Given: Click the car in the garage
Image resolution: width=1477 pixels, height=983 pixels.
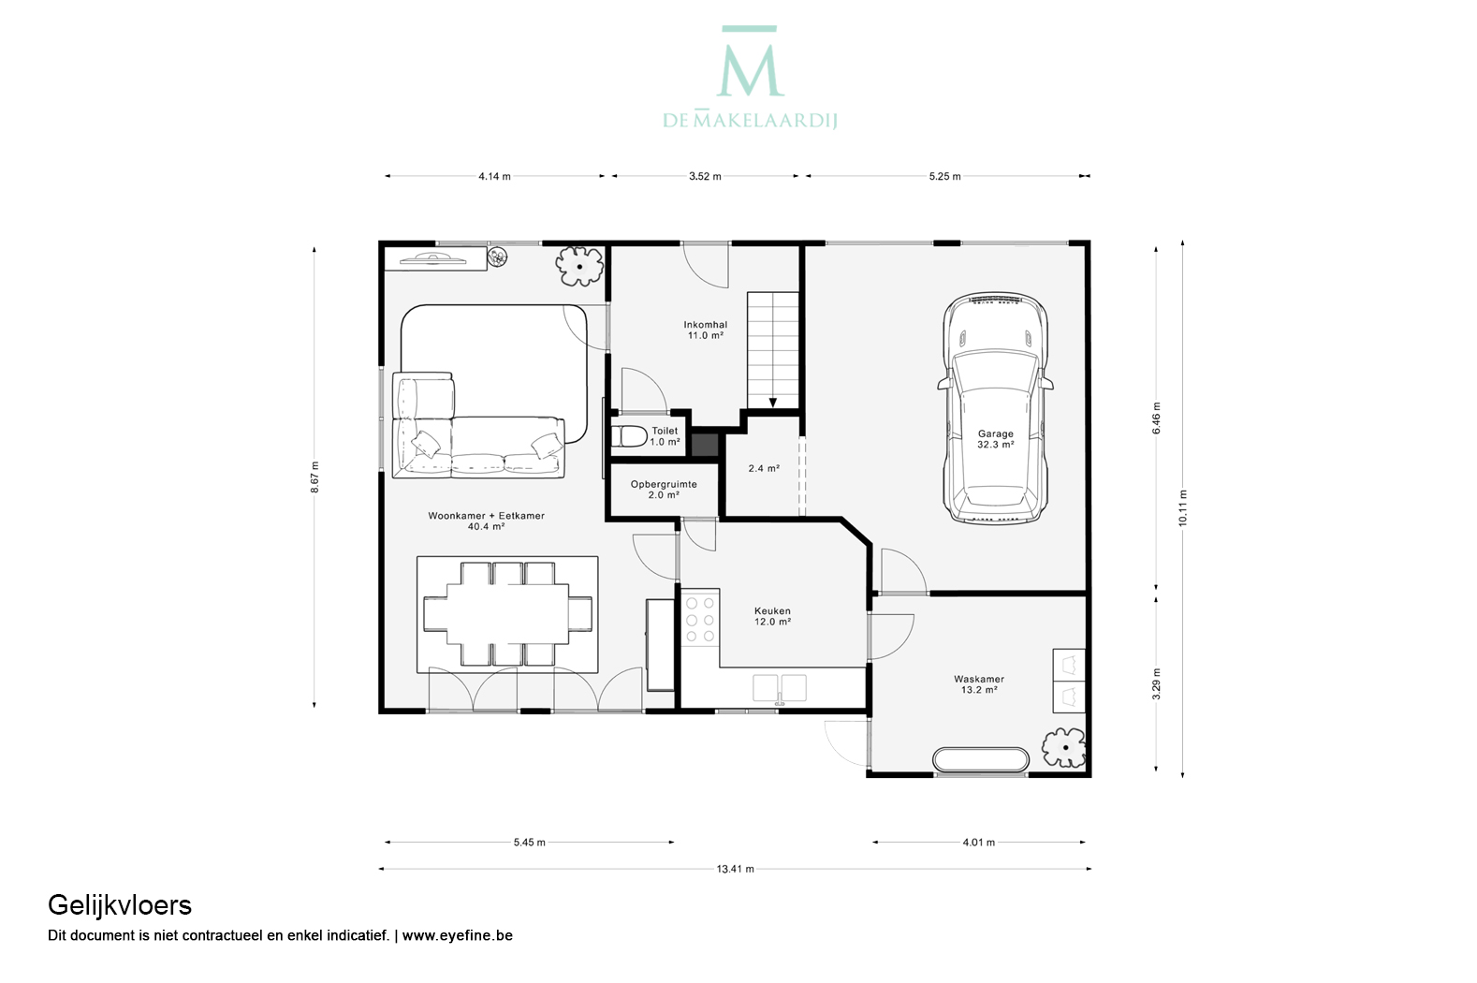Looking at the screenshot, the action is pos(995,409).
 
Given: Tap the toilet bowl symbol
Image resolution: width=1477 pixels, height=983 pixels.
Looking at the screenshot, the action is pos(629,437).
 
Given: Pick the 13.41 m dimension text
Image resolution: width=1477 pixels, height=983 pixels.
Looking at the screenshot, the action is pos(735,869).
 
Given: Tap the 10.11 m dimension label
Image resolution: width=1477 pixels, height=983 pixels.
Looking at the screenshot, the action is pos(1182,508).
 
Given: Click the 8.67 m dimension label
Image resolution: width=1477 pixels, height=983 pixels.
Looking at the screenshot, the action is pos(314,477).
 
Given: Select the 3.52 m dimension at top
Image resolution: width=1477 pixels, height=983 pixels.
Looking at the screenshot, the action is pos(705,176).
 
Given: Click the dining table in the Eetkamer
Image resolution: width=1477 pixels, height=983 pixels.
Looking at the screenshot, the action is pos(507,613).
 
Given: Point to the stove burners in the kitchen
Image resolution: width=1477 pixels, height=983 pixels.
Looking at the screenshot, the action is pos(700,619).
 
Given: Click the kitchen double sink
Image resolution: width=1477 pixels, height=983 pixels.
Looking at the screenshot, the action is pos(780,689).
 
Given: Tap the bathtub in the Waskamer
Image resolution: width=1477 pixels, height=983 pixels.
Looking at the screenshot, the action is pos(981,758).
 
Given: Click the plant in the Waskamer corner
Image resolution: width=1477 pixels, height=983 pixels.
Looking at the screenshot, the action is pos(1063,747).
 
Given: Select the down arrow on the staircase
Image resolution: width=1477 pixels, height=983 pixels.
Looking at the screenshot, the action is pos(773,403).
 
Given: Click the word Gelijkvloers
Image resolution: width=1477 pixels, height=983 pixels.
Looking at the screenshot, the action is pos(120,906).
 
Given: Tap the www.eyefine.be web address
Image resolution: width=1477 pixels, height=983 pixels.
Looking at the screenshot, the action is pos(457,935).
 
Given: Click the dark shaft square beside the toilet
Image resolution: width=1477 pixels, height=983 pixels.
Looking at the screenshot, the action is pos(704,444).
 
